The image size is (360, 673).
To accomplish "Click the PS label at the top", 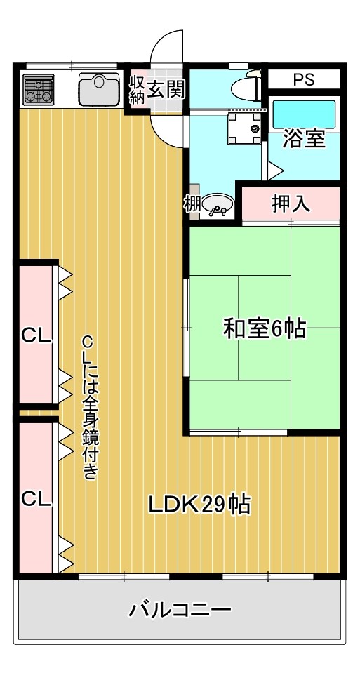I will pyautogui.click(x=303, y=79).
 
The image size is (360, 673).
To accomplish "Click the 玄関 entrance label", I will pyautogui.click(x=166, y=89).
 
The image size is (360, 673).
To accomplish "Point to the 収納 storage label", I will pyautogui.click(x=136, y=89).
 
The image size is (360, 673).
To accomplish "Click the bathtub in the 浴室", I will pyautogui.click(x=304, y=113).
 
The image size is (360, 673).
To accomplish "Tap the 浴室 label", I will pyautogui.click(x=304, y=139).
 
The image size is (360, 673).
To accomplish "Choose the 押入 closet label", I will pyautogui.click(x=291, y=204).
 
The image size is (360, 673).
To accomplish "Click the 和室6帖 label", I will pyautogui.click(x=265, y=328).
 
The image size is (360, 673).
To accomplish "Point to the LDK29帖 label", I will pyautogui.click(x=199, y=504).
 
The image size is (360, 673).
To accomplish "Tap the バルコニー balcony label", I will pyautogui.click(x=180, y=609).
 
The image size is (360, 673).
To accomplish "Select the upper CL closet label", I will pyautogui.click(x=36, y=335).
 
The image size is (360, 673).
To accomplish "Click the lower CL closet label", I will pyautogui.click(x=36, y=499).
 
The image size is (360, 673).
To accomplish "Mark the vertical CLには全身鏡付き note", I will pyautogui.click(x=89, y=407).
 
